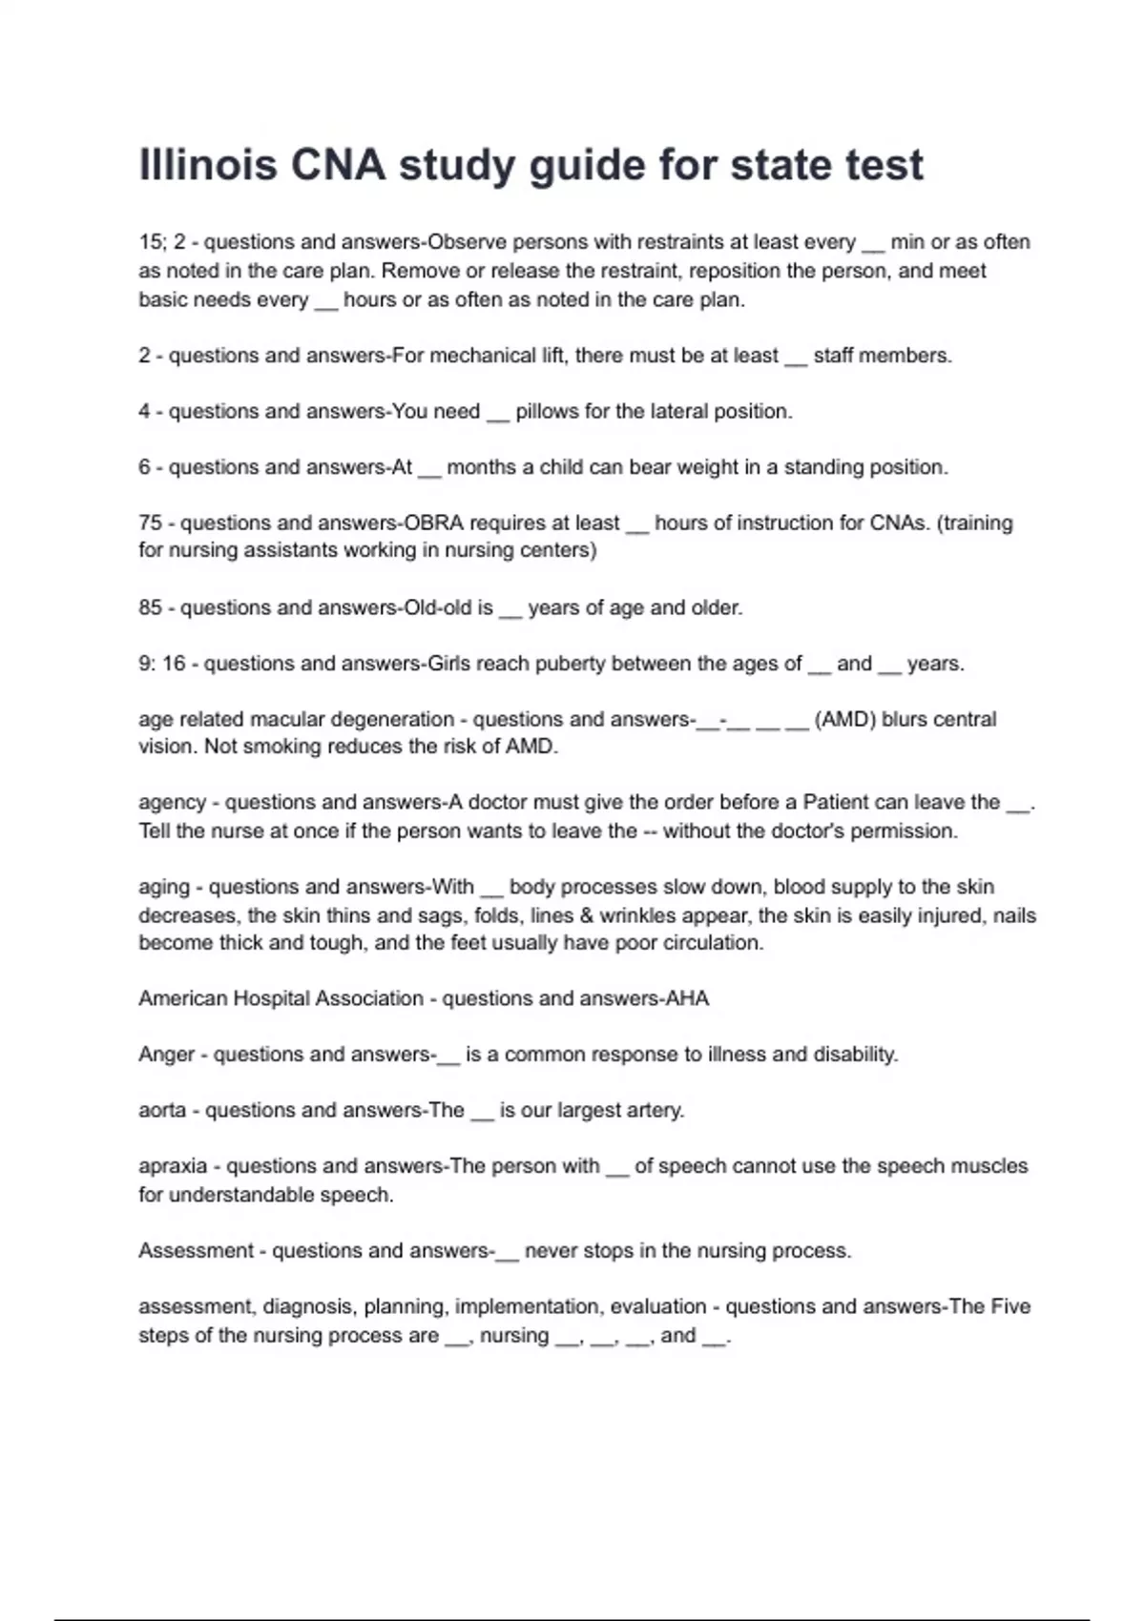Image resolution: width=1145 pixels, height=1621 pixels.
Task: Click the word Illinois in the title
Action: coord(208,165)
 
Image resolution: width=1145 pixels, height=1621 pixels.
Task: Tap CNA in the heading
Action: coord(338,165)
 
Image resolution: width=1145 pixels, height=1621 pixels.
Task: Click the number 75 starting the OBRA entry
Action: coord(150,523)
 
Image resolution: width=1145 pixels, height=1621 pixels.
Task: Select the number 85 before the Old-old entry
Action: coord(150,607)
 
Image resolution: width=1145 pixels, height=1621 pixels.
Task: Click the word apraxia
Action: coord(173,1166)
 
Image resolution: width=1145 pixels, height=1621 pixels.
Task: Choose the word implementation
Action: coord(527,1306)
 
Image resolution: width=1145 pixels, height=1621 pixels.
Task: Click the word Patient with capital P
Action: coord(838,802)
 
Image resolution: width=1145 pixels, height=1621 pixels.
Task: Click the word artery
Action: coord(654,1110)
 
